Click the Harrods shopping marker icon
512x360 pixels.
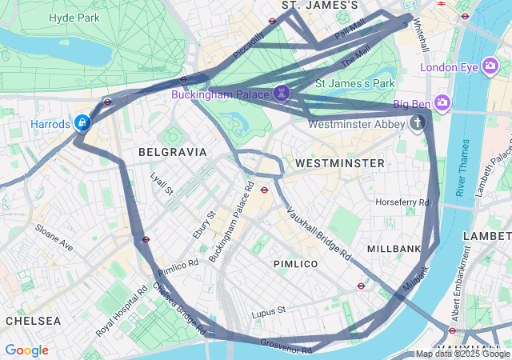pos(82,123)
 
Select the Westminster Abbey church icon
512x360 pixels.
pos(417,123)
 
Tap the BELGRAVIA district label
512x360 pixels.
pos(172,151)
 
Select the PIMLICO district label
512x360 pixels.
pos(295,263)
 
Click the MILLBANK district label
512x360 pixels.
pos(394,249)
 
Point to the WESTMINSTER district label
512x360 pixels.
pos(339,163)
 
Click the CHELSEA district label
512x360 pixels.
pos(33,320)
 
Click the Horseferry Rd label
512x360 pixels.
pos(402,202)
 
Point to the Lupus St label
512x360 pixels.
pos(268,310)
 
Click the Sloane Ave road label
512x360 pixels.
pos(54,238)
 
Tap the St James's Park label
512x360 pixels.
pos(355,82)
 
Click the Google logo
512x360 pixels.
pos(26,350)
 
